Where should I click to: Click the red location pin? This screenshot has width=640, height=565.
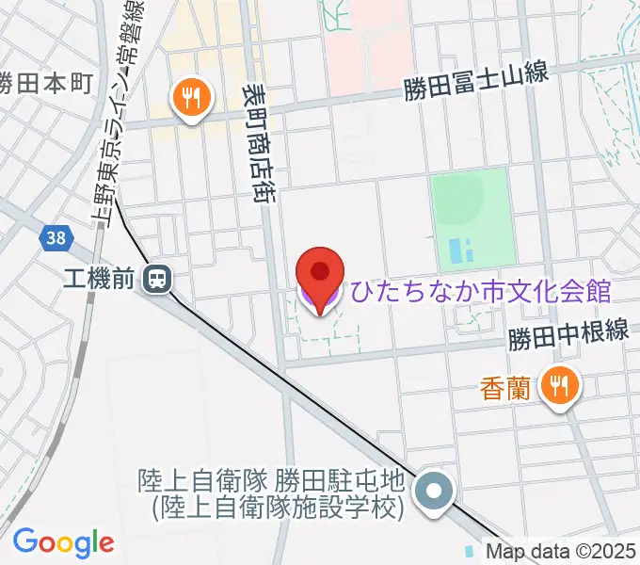click(320, 274)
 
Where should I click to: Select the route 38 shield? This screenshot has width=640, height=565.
click(56, 238)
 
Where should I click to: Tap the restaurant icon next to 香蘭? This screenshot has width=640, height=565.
click(560, 384)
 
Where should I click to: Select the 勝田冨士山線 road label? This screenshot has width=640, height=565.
click(476, 88)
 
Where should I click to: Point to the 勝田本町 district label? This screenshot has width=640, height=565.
click(45, 83)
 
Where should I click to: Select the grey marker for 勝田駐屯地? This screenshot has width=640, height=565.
click(436, 492)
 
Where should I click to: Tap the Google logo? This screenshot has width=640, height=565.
click(63, 542)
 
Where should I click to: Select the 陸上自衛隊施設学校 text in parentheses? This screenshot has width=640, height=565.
click(279, 508)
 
